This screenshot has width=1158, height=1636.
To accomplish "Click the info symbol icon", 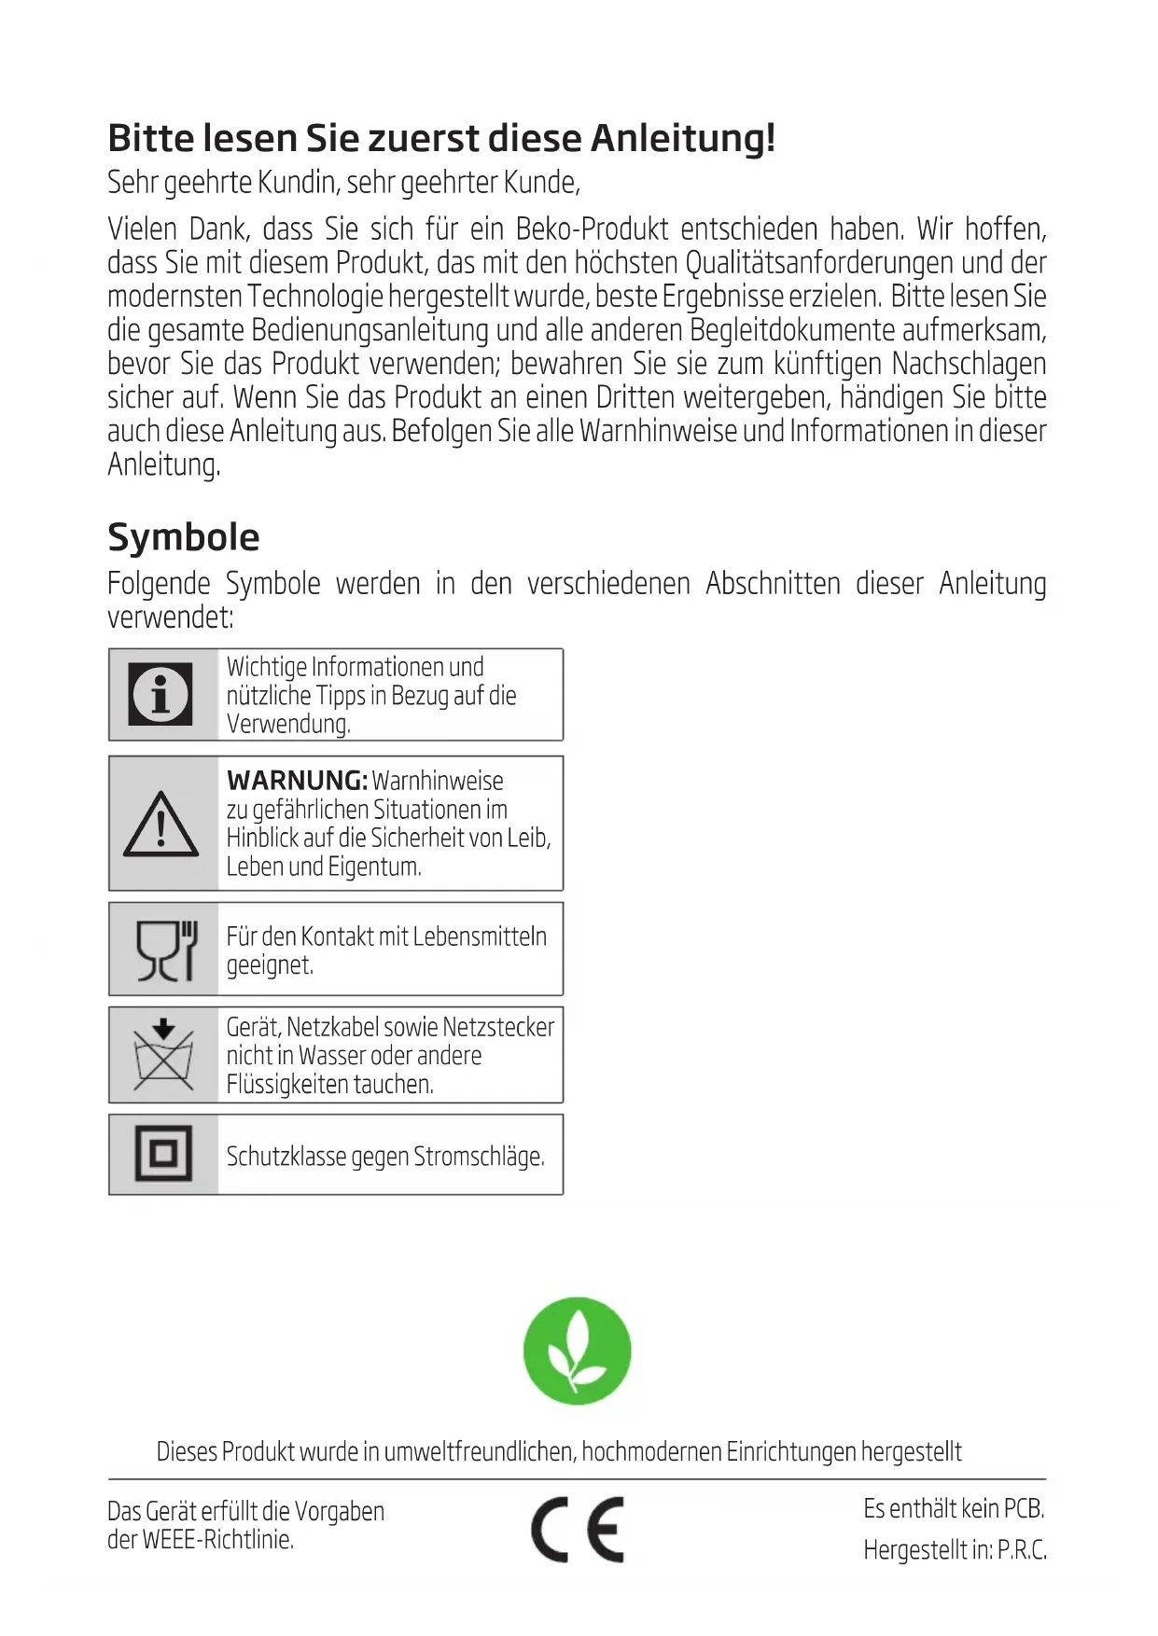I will point(160,694).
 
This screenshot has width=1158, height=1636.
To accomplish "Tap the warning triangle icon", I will point(160,825).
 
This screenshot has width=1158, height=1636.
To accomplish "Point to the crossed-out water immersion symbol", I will point(163,1055).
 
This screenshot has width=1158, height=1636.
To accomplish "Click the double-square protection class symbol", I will point(163,1154).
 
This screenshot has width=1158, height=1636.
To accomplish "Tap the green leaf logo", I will point(577,1350).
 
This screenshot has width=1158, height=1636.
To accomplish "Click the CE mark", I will point(578,1530).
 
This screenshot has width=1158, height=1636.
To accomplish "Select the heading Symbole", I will point(184,537).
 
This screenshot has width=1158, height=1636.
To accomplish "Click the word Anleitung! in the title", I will point(683,138).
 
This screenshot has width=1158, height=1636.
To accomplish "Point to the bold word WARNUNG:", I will point(297,780).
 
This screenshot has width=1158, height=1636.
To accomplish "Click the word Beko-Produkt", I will point(592,229).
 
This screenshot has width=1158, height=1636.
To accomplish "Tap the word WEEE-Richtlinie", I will point(217,1540).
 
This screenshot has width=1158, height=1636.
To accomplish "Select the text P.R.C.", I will point(1022,1550).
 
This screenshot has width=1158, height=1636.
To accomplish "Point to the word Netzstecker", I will point(498,1027).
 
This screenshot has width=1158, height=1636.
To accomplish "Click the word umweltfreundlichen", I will point(481,1451).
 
